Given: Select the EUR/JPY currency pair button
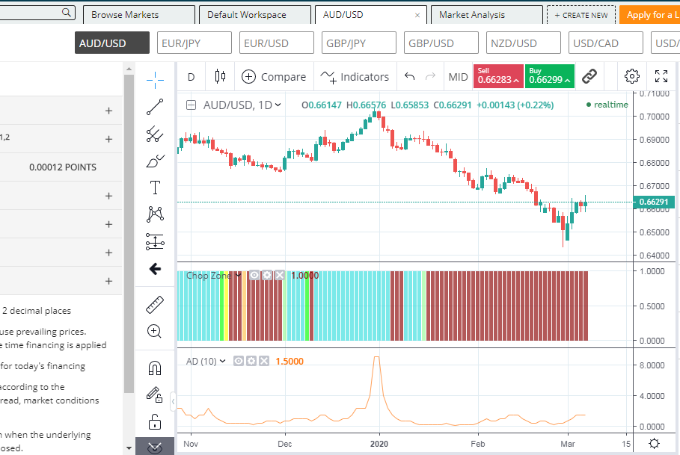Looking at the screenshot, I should [194, 43].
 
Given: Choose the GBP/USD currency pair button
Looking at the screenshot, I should [441, 43].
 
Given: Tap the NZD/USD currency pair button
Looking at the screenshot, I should [523, 43].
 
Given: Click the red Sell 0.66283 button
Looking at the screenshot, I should [497, 76].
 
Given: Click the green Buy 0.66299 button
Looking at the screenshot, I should [549, 76].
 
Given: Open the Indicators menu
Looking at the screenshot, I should [355, 76].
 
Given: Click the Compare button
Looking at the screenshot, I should [274, 76].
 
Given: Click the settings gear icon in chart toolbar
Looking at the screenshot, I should [632, 76].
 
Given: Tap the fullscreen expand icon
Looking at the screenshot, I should [661, 76].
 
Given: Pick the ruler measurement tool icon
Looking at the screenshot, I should [155, 304].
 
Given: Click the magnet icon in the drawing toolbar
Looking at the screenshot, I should [155, 368].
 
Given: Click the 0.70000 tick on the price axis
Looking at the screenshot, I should [653, 117].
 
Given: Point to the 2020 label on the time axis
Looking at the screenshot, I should [379, 443].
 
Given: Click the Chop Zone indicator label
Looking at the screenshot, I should [209, 276].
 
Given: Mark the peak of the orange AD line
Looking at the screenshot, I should [376, 357].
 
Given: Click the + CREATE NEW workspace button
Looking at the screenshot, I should [581, 15].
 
